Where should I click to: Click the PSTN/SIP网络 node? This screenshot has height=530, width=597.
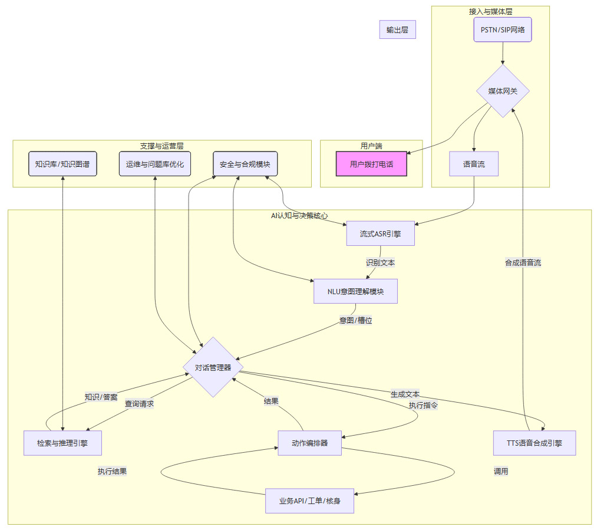tap(502, 29)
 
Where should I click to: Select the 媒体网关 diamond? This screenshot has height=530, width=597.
tap(503, 91)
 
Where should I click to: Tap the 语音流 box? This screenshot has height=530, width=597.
tap(474, 164)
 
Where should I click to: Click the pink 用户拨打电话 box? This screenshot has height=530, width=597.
tap(371, 164)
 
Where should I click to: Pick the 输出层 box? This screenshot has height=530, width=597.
tap(397, 29)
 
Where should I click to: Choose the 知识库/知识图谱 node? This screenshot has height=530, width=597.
tap(62, 164)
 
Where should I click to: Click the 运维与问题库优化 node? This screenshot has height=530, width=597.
tap(154, 164)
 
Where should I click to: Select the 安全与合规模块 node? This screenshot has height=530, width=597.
tap(245, 164)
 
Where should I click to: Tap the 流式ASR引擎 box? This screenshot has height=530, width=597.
tap(380, 233)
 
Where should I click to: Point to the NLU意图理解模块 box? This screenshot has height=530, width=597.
tap(355, 291)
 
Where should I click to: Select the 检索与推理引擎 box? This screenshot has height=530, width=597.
tap(62, 443)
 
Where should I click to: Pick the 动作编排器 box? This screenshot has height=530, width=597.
tap(310, 443)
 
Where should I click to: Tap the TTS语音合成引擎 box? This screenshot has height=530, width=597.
tap(534, 443)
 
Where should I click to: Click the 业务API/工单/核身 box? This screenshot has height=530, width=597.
tap(309, 501)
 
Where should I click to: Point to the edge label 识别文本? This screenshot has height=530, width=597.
tap(380, 262)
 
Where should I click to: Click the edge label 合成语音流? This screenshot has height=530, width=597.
tap(523, 262)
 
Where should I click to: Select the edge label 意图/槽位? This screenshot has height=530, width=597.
tap(355, 320)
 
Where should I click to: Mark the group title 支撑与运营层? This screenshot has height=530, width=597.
tap(161, 146)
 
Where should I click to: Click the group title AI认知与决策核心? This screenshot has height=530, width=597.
tap(299, 216)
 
